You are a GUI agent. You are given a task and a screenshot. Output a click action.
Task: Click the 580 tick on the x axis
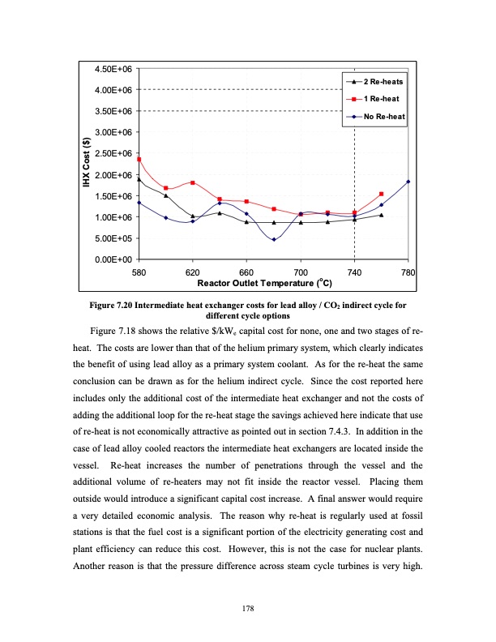[139, 272]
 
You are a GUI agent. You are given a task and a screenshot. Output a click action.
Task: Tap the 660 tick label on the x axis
[246, 272]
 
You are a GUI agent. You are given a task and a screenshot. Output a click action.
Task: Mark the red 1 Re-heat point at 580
[139, 159]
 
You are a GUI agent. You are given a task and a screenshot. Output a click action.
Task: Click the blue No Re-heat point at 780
[408, 182]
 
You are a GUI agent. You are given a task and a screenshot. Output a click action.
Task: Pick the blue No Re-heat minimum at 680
[274, 239]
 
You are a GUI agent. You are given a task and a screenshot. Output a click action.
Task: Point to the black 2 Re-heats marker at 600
[166, 195]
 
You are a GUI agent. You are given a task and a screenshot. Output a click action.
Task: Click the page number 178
[248, 606]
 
